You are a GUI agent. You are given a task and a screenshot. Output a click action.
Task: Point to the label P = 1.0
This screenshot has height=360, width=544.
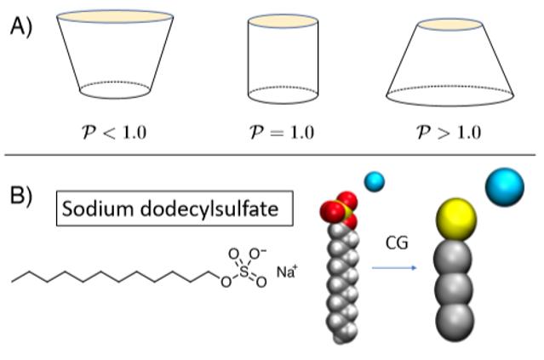(282, 132)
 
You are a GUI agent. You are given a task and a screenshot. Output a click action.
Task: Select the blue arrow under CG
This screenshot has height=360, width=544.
(393, 266)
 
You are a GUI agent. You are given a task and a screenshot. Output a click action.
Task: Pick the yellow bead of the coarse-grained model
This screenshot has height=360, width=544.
(454, 220)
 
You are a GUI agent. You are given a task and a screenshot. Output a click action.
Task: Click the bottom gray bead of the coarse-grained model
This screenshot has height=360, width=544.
(454, 320)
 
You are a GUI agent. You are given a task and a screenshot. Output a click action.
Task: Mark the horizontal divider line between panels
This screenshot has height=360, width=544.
(272, 155)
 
